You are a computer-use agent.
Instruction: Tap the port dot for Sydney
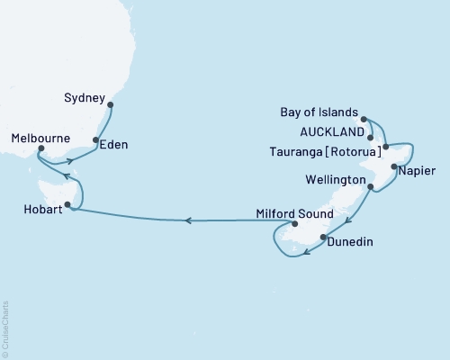[110, 105]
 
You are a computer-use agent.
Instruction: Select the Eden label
[113, 143]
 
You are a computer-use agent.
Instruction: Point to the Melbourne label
[42, 139]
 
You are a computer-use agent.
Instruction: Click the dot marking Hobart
[67, 204]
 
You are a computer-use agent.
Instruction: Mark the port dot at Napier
[394, 166]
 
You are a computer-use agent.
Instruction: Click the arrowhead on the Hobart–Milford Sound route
[187, 220]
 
